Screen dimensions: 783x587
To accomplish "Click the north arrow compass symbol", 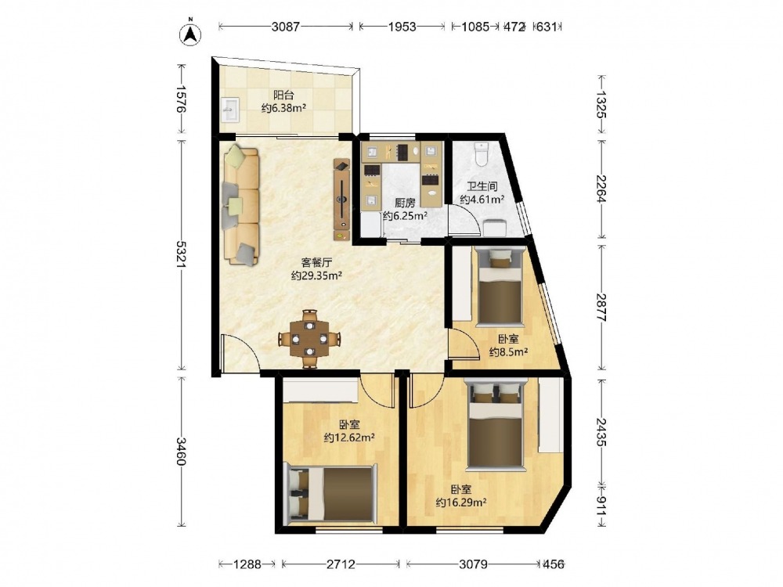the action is click(189, 34).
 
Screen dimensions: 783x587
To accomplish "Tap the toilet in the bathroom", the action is click(482, 154).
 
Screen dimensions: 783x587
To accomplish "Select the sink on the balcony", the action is click(231, 110).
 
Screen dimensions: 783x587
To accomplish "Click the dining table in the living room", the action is click(309, 339).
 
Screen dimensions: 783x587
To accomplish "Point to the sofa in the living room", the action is click(242, 204).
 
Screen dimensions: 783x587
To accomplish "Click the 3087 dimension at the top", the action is click(286, 27).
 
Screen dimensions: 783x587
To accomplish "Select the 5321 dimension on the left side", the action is click(180, 255).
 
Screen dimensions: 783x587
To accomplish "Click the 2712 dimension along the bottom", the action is click(341, 564).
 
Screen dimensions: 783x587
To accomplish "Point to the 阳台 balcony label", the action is click(283, 95).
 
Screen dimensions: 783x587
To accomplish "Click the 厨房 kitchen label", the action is click(405, 203).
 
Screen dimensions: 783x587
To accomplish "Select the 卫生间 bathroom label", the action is click(482, 187).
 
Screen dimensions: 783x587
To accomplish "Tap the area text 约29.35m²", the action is click(316, 275).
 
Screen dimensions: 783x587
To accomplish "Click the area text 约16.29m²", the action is click(461, 502).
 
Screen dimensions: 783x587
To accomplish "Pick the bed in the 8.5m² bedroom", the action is click(500, 287).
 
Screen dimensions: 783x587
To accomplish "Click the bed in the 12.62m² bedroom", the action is click(330, 494).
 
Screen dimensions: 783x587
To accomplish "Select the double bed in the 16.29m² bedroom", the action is click(496, 424).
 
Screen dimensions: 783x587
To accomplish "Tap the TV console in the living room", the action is click(342, 200).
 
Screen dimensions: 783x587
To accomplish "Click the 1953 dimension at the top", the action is click(402, 27).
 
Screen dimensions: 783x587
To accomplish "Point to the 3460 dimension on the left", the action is click(180, 452).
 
